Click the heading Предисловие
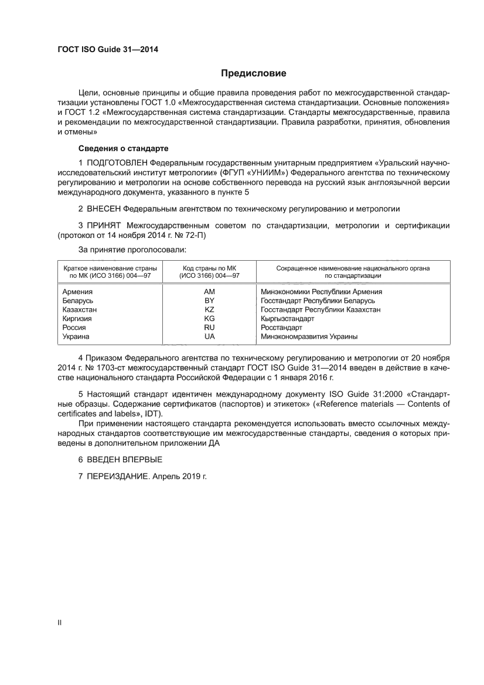(x=253, y=73)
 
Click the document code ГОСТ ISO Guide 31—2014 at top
(x=108, y=49)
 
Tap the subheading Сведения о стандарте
(x=124, y=148)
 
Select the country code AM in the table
(x=209, y=291)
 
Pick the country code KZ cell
(x=209, y=309)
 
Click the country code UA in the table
(x=209, y=337)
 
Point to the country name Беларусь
(x=77, y=301)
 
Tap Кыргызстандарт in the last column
(x=287, y=319)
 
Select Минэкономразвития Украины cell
(x=309, y=337)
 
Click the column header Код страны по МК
(x=209, y=268)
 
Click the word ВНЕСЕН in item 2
(x=104, y=208)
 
